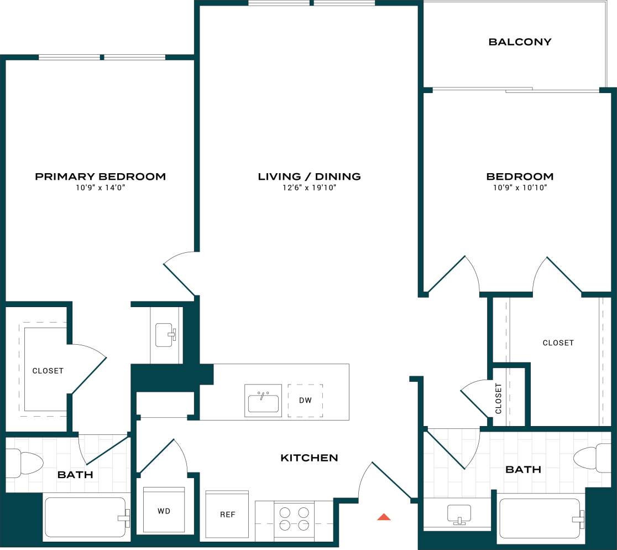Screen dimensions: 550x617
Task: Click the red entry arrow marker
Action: pos(384,517)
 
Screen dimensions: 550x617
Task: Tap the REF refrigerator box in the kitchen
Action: pos(227,514)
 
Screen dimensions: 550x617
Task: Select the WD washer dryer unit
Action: pos(164,511)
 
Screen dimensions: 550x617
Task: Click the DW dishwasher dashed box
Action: pos(305,400)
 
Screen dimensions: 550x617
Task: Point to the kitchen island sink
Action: pos(263,401)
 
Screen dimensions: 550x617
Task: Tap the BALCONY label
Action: pos(520,42)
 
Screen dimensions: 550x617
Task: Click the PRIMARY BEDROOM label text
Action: pos(100,177)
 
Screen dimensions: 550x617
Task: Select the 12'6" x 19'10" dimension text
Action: pos(309,188)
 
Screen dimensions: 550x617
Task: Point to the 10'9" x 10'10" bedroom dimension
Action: pos(520,188)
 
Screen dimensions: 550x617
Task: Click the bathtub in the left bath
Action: pos(86,517)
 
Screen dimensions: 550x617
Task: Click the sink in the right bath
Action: pos(458,514)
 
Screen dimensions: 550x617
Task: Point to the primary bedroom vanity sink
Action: pos(165,335)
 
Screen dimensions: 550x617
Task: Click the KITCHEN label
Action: pos(309,458)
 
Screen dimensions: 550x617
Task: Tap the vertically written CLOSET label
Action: pos(498,398)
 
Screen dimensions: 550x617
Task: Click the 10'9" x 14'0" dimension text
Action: pos(100,188)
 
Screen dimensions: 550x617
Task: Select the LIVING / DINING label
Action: pos(309,177)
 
